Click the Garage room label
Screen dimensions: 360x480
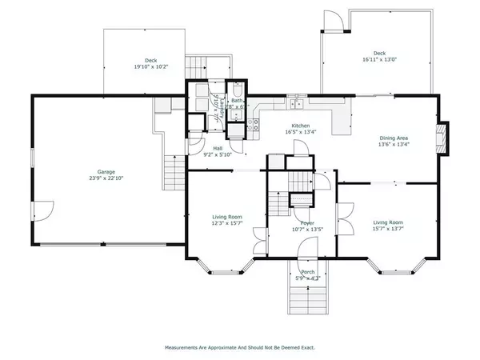point(105,172)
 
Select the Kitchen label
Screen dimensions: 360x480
point(300,126)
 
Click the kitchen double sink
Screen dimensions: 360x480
point(297,103)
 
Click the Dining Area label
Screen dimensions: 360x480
point(394,138)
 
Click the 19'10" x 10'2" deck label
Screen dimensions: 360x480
point(150,66)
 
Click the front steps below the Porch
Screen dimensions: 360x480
point(306,300)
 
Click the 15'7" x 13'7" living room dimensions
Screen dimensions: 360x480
point(386,228)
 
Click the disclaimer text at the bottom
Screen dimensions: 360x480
point(240,348)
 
